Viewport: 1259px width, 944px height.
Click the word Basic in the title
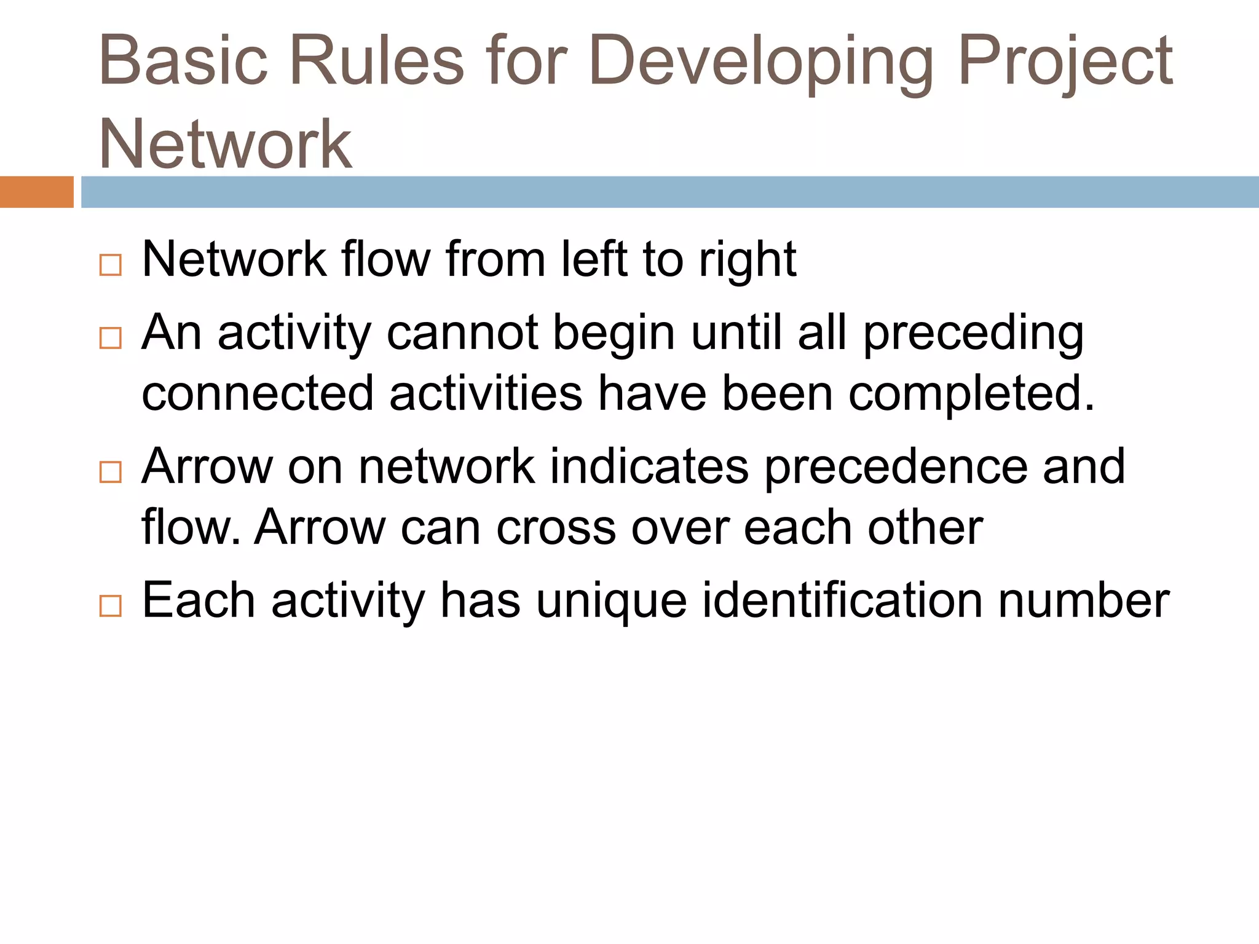183,61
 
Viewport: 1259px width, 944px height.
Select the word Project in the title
1065,61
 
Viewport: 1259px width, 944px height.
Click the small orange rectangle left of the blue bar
36,192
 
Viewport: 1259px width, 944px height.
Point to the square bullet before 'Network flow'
110,265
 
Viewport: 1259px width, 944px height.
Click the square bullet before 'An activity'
110,338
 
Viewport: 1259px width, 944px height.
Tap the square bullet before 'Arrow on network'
110,472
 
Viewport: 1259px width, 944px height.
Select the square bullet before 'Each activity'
110,606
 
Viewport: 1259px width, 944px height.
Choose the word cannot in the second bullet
462,333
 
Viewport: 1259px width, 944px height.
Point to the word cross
556,527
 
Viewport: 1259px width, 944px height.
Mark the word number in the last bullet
1084,600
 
